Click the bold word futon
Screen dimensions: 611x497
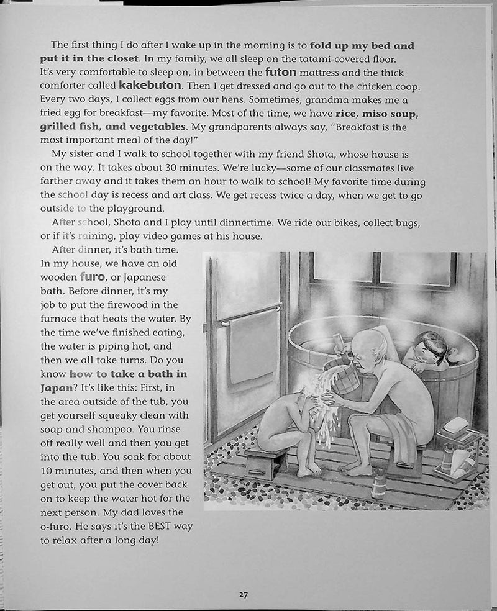coord(280,71)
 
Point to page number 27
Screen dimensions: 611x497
coord(244,594)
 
